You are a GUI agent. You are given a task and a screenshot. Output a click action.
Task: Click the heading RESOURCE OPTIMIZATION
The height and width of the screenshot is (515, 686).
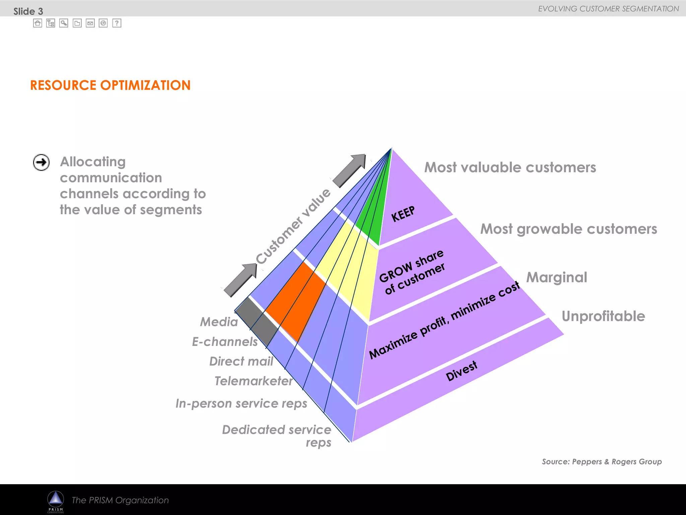(x=110, y=85)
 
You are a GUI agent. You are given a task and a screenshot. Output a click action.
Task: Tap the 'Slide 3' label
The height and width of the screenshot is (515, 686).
(x=28, y=11)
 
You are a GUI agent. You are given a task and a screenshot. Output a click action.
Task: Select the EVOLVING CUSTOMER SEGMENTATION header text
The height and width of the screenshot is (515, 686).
(x=608, y=9)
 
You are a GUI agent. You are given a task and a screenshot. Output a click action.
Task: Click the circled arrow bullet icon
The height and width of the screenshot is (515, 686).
(x=41, y=163)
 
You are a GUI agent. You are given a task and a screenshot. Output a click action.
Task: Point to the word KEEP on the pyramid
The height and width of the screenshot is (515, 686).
(x=403, y=214)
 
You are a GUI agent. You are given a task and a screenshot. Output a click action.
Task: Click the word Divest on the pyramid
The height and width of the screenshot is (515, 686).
(x=461, y=371)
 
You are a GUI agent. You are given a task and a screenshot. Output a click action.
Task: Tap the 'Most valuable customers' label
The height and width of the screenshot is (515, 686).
(x=510, y=167)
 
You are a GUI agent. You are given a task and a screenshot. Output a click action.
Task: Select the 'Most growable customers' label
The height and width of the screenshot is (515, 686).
(x=568, y=229)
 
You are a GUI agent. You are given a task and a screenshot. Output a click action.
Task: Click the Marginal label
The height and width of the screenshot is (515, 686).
(x=557, y=278)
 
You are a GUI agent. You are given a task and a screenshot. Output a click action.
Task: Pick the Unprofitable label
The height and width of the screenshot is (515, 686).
(x=603, y=316)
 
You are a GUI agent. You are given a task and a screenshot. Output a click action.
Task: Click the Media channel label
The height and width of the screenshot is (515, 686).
(x=219, y=322)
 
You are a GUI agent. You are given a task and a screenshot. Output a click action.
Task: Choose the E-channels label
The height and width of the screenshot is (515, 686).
(x=225, y=342)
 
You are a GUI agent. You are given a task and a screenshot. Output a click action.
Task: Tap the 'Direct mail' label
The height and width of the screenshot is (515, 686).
(x=241, y=361)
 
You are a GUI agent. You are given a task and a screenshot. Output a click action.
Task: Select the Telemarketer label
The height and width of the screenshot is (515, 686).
(x=254, y=381)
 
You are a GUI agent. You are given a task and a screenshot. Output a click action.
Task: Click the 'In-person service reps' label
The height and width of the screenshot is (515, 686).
(x=241, y=403)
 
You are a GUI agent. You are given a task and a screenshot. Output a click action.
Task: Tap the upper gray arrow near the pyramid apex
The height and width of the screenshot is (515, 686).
(x=350, y=171)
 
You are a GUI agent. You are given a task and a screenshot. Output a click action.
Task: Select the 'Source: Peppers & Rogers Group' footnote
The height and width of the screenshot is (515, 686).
(x=602, y=462)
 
